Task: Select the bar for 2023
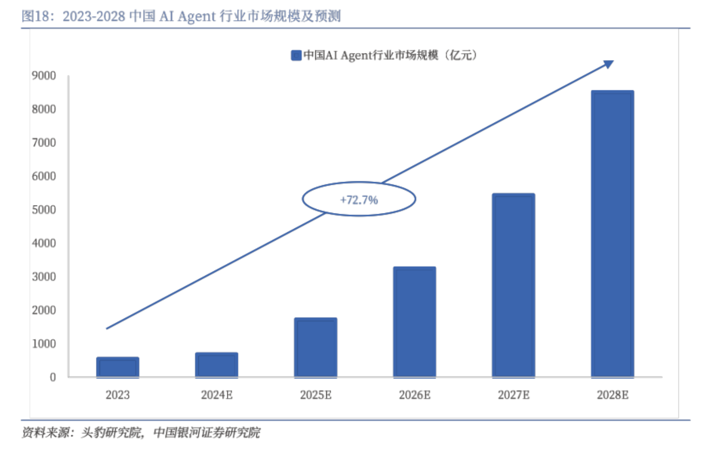117,367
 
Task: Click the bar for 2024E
216,365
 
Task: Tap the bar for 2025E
315,347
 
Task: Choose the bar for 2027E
513,285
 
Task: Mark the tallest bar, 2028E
612,233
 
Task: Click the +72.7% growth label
359,200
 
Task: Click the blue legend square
296,55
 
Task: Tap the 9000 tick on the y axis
44,76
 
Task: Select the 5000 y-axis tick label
44,210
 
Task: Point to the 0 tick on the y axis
53,377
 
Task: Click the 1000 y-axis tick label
44,344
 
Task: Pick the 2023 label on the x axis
117,395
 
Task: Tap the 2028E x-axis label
612,395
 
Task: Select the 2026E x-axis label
414,395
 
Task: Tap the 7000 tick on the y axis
44,142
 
